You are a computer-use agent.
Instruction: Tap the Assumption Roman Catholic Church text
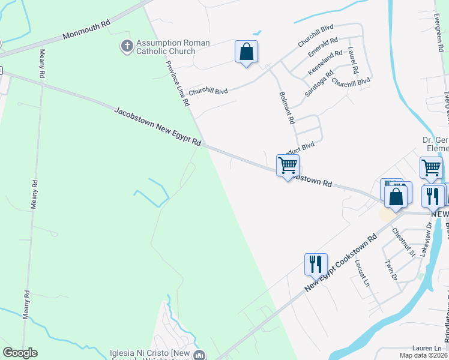point(173,47)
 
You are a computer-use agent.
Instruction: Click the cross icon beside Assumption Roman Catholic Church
point(127,46)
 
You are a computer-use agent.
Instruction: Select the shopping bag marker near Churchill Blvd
point(246,52)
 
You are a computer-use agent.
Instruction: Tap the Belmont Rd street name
point(287,108)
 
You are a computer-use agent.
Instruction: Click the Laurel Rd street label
point(352,61)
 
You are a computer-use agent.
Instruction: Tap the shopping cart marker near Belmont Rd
point(288,165)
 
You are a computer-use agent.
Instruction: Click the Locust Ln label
point(361,274)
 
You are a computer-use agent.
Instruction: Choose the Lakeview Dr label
point(426,240)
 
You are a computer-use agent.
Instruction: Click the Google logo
point(20,353)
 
